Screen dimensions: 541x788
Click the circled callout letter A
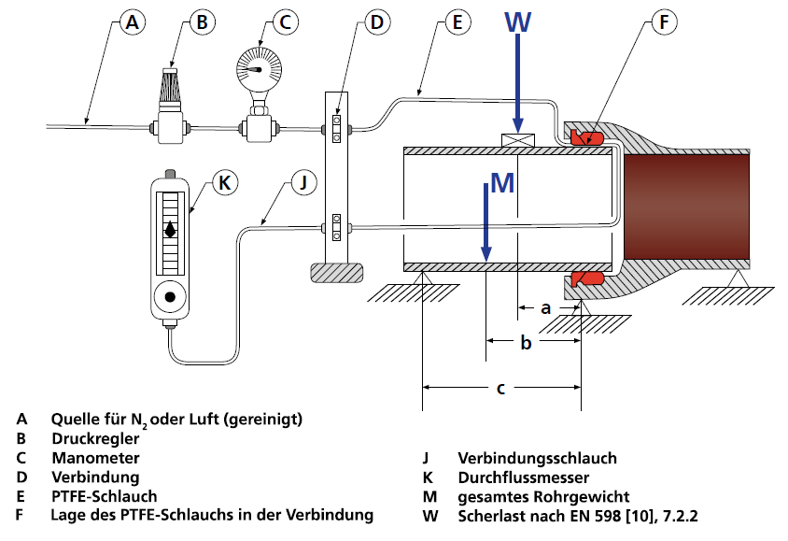click(134, 24)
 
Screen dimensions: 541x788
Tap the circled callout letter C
click(287, 24)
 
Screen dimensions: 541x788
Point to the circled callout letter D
click(377, 24)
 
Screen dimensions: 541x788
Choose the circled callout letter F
click(664, 24)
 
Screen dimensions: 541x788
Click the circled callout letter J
click(302, 182)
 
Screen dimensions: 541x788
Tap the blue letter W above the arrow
click(519, 21)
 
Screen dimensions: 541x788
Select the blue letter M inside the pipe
click(502, 183)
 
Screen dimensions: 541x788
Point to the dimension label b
click(526, 343)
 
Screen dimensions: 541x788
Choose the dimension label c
click(501, 389)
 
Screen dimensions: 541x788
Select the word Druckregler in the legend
click(96, 438)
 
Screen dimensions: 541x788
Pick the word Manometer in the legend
click(96, 458)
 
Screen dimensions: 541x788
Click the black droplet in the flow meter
click(170, 229)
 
